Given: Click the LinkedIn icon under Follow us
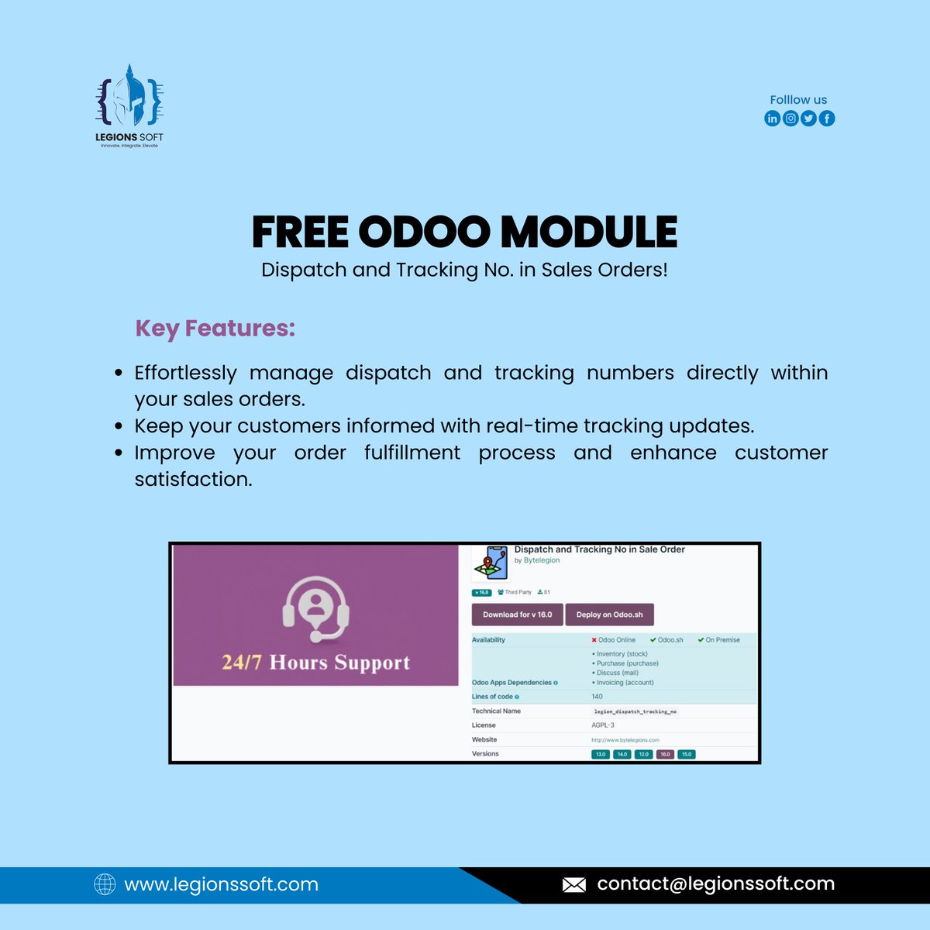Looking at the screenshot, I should [x=772, y=119].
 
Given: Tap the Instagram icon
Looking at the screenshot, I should [x=790, y=119].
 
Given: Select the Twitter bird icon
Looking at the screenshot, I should [x=808, y=119].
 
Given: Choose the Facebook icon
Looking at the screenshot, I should [x=827, y=119].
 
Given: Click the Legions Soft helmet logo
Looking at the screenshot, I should [x=129, y=97].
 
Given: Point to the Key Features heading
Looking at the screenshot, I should [x=215, y=328].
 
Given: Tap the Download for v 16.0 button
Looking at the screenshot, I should [x=517, y=615].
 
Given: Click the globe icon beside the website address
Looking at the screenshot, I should [x=105, y=884].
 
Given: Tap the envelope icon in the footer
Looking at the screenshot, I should [x=573, y=884].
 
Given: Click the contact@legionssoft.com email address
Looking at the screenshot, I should [x=715, y=883].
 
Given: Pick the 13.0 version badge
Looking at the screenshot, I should [x=600, y=754].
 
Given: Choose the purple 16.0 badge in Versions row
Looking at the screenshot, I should [x=665, y=754].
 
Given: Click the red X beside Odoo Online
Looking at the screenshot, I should [x=594, y=640].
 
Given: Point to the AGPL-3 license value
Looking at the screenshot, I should [x=603, y=725].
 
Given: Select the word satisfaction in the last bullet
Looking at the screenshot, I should [x=193, y=479].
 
